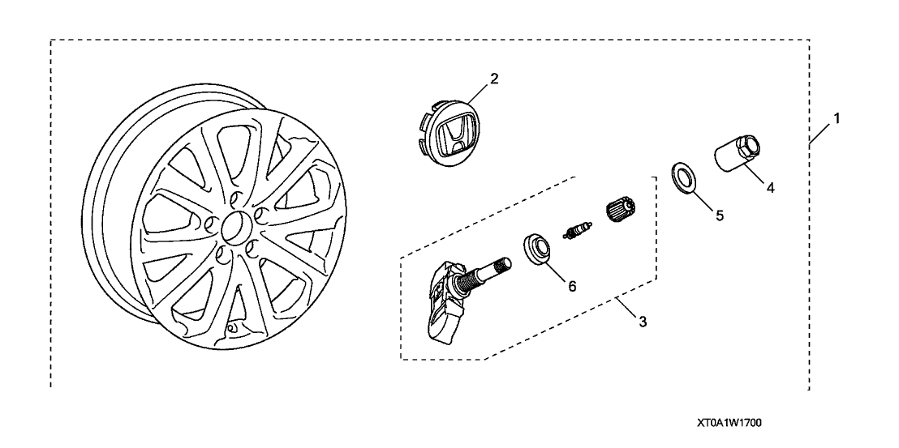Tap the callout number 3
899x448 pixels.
coord(643,322)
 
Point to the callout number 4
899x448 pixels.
coord(770,187)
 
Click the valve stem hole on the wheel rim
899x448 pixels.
coord(230,328)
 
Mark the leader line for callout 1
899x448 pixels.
coord(821,131)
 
